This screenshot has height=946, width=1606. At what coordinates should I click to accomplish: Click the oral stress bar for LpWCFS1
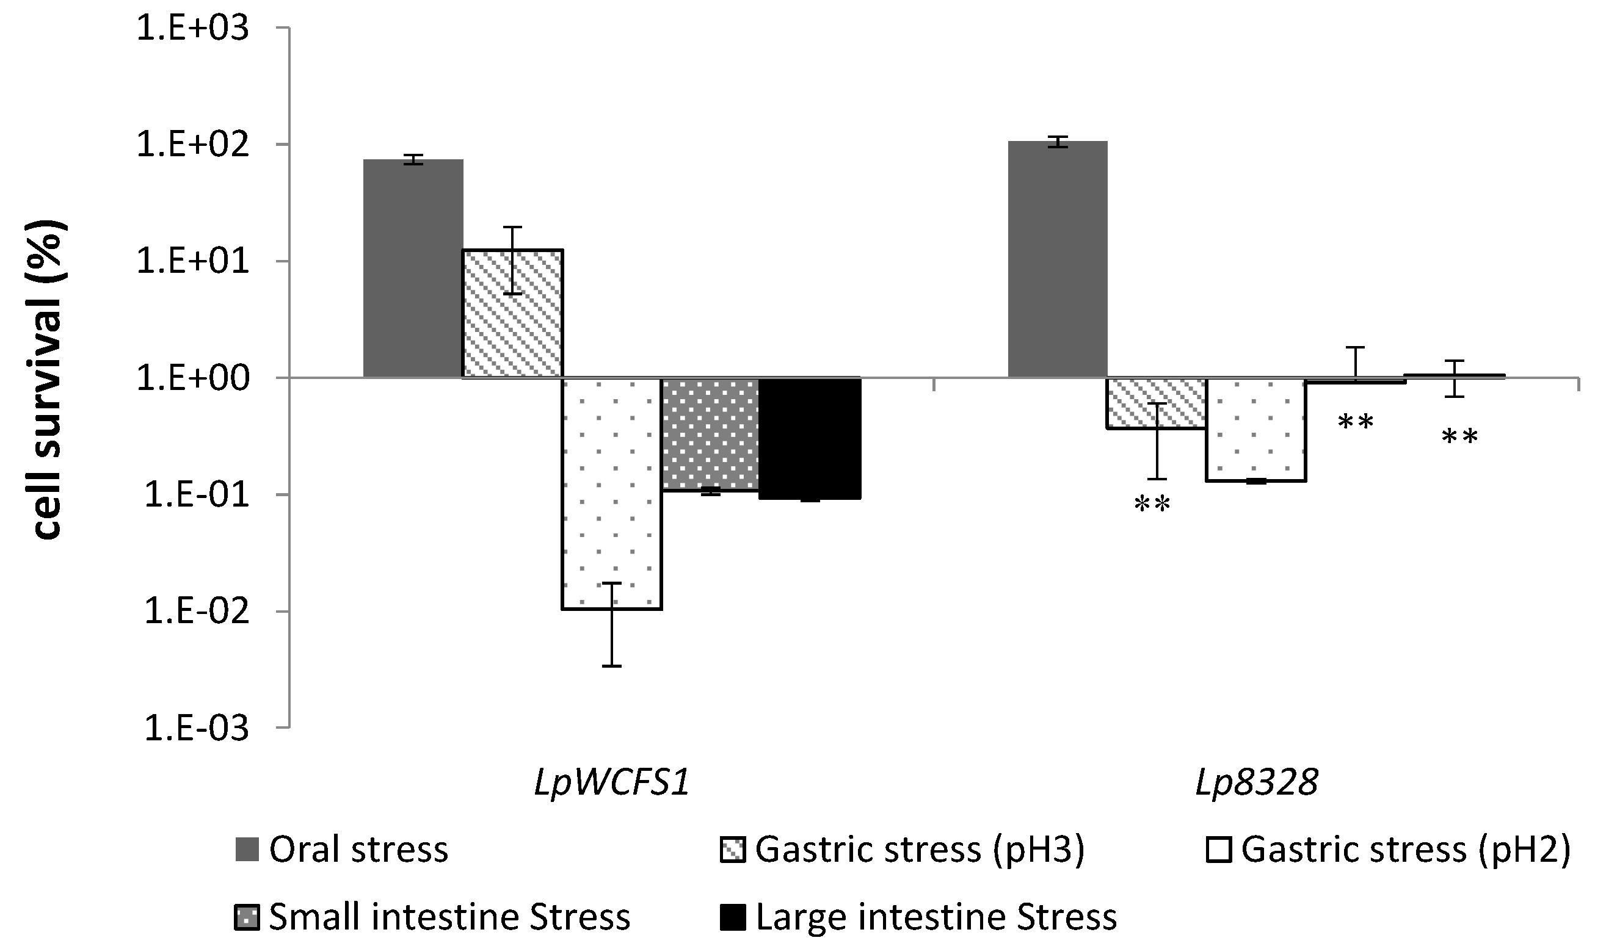[x=413, y=269]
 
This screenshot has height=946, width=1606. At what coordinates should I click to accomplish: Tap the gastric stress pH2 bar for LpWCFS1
[x=612, y=493]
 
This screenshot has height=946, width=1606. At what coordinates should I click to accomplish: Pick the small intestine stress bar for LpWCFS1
[x=711, y=434]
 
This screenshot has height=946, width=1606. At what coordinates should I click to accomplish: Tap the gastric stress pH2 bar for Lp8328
[x=1255, y=429]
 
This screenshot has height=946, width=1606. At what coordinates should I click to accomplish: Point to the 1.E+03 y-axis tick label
[x=192, y=29]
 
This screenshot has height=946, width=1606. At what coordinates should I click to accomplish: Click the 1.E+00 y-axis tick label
[x=192, y=378]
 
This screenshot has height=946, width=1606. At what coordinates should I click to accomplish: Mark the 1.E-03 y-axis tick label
[x=195, y=728]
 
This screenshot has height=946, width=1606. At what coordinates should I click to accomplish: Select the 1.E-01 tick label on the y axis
[x=195, y=496]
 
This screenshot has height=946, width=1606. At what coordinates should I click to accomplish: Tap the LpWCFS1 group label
[x=612, y=782]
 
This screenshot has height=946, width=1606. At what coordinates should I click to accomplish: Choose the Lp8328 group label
[x=1256, y=782]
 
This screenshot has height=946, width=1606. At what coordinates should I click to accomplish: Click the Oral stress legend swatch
[x=247, y=850]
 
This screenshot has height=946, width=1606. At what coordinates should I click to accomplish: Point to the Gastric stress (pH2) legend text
[x=1405, y=850]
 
